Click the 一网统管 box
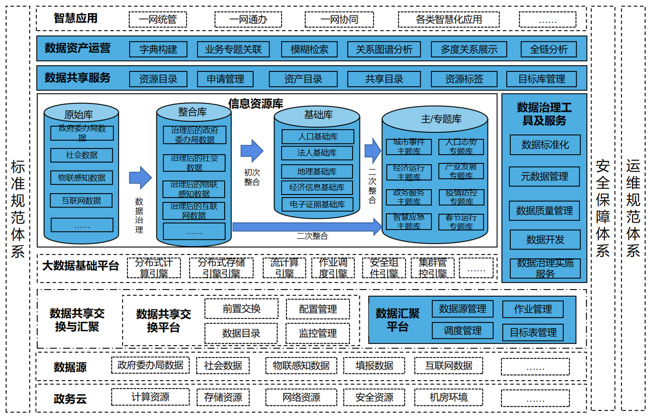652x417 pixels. [158, 20]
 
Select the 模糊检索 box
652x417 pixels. [309, 49]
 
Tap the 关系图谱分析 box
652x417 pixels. [384, 49]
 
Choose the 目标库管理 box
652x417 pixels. [541, 79]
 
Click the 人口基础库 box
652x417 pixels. [318, 136]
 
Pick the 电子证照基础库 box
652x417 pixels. [317, 204]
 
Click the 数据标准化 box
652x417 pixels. [545, 145]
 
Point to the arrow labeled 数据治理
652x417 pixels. [140, 178]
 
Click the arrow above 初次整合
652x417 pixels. [252, 151]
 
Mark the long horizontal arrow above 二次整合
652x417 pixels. [306, 227]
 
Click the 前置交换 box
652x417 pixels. [241, 309]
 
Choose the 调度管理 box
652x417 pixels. [462, 330]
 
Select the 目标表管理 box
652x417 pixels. [533, 332]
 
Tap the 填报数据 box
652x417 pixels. [374, 365]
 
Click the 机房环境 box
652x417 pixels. [449, 397]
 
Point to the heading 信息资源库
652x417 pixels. [255, 104]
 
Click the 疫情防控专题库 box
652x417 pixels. [461, 197]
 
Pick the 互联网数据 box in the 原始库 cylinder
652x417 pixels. [81, 201]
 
